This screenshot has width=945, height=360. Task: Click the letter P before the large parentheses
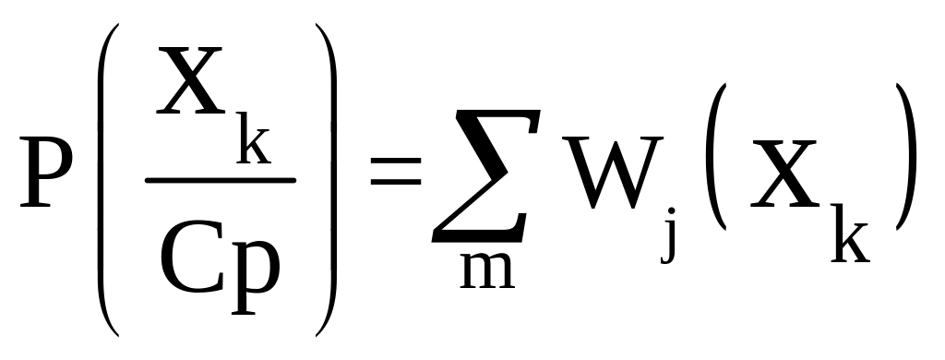pos(46,172)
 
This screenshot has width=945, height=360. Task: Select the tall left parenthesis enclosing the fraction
pos(103,180)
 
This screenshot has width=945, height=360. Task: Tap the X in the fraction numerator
pos(190,80)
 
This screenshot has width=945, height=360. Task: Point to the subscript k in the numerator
pos(253,138)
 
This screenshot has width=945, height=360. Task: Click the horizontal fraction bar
pos(221,180)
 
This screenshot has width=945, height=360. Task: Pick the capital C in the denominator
pos(192,258)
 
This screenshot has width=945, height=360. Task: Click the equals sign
pos(395,171)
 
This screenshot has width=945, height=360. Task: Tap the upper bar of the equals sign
pos(395,160)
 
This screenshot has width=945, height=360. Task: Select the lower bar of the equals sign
pos(395,182)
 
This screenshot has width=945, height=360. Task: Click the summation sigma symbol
pos(485,176)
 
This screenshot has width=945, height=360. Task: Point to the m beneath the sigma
pos(487,270)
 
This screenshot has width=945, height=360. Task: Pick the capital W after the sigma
pos(613,173)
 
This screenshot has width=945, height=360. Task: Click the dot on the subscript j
pos(672,211)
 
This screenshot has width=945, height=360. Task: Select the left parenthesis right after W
pos(716,157)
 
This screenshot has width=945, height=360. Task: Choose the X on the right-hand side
pos(784,174)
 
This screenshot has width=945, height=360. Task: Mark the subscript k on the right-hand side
pos(850,234)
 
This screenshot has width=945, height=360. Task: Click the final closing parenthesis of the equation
pos(906,157)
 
